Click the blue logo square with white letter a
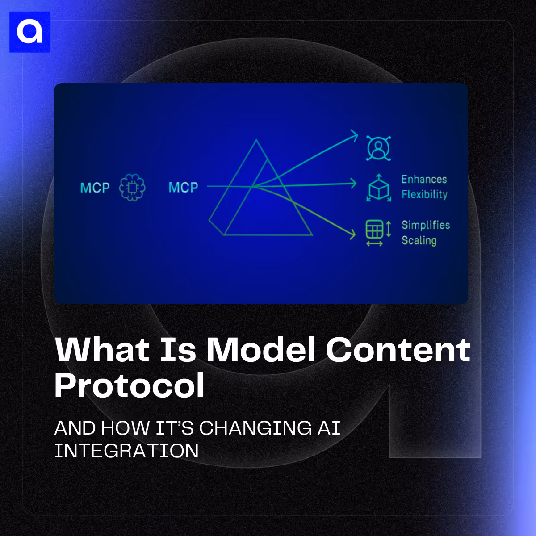click(x=29, y=32)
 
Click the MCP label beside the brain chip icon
click(x=95, y=188)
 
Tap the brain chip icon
click(x=132, y=188)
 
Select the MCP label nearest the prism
click(x=183, y=188)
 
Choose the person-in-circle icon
click(x=378, y=148)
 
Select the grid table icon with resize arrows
click(x=378, y=231)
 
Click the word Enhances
click(x=424, y=180)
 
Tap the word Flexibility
click(x=424, y=195)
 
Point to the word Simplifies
click(x=426, y=225)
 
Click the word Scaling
click(x=419, y=241)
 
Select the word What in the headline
click(x=102, y=350)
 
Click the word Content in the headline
click(x=398, y=350)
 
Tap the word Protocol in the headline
click(x=130, y=385)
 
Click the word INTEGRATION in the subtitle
click(x=126, y=451)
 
